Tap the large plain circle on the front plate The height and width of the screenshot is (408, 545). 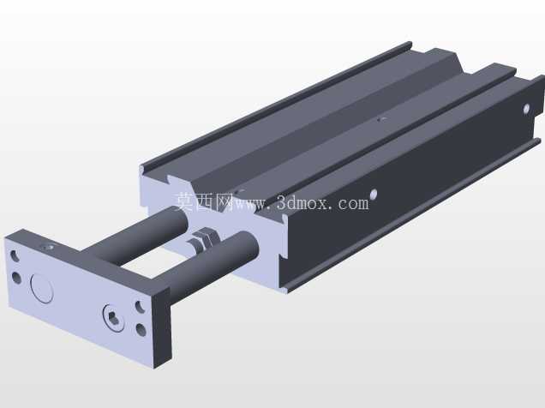(42, 289)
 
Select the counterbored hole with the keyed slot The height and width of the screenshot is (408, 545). (114, 318)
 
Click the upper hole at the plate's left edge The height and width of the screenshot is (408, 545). (15, 255)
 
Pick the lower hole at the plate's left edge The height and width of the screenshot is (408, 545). (16, 278)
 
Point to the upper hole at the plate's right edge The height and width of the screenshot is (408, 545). (140, 307)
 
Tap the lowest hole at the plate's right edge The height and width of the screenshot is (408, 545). (141, 330)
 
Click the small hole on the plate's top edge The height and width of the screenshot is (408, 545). (48, 248)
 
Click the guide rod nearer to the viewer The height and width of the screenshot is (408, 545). (212, 263)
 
